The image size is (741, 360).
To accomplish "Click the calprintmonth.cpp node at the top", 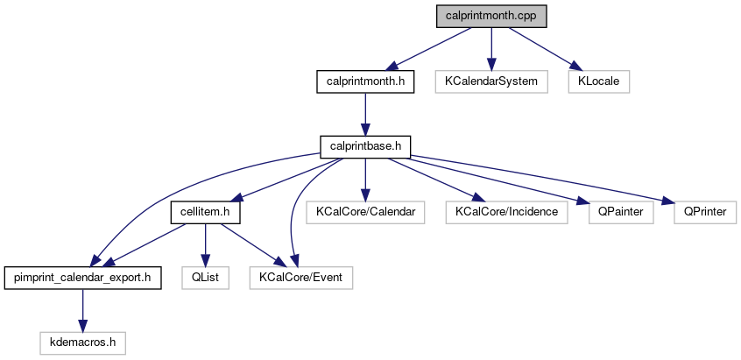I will pyautogui.click(x=490, y=16).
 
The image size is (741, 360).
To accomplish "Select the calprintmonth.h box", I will pyautogui.click(x=364, y=81).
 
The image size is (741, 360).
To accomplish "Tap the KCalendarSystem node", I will pyautogui.click(x=491, y=81).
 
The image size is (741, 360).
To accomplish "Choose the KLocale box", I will pyautogui.click(x=598, y=81).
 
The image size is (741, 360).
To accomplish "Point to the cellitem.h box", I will pyautogui.click(x=205, y=213).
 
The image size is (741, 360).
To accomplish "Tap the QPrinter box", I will pyautogui.click(x=705, y=213).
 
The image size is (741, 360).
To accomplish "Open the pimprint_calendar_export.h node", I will pyautogui.click(x=82, y=279).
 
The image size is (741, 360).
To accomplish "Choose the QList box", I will pyautogui.click(x=205, y=279).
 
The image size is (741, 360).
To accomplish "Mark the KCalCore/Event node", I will pyautogui.click(x=301, y=279).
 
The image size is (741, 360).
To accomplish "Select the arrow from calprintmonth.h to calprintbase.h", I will pyautogui.click(x=365, y=114).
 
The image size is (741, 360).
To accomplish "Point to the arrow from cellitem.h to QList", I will pyautogui.click(x=205, y=245).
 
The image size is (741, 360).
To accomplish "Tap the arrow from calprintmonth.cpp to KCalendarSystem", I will pyautogui.click(x=491, y=48).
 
